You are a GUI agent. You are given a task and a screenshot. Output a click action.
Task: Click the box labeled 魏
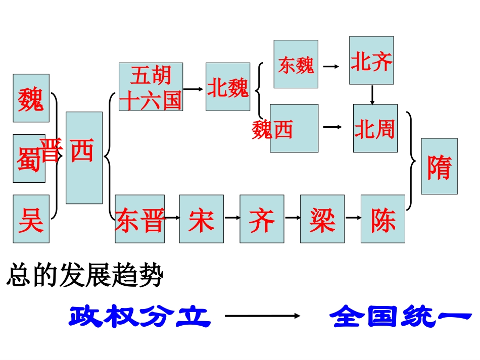pyautogui.click(x=31, y=98)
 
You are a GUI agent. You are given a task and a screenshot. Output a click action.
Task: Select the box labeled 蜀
pyautogui.click(x=29, y=158)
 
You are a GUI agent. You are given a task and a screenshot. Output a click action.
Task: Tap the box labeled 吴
pyautogui.click(x=31, y=219)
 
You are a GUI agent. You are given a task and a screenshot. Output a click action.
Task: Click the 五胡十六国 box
pyautogui.click(x=151, y=87)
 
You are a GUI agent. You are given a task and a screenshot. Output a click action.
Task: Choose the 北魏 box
pyautogui.click(x=227, y=87)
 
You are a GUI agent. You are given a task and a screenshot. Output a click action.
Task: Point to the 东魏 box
pyautogui.click(x=296, y=64)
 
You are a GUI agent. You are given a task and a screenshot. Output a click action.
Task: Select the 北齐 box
pyautogui.click(x=371, y=60)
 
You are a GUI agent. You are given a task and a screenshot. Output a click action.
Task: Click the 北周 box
pyautogui.click(x=375, y=128)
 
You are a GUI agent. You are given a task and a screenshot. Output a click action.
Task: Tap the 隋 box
pyautogui.click(x=439, y=166)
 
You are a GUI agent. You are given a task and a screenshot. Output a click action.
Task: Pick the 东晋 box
pyautogui.click(x=139, y=219)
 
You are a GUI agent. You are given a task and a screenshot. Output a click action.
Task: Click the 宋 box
pyautogui.click(x=201, y=219)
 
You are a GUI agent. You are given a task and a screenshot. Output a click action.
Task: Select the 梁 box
pyautogui.click(x=322, y=219)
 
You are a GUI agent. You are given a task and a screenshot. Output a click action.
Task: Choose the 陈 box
pyautogui.click(x=382, y=219)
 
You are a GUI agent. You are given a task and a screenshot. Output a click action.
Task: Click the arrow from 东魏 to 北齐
pyautogui.click(x=331, y=66)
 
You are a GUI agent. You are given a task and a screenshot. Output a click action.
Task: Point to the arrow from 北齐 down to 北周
pyautogui.click(x=372, y=95)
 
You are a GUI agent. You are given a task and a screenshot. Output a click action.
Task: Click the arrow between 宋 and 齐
pyautogui.click(x=231, y=218)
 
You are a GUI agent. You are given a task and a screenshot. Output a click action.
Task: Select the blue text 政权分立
pyautogui.click(x=139, y=317)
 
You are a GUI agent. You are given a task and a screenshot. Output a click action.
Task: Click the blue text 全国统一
pyautogui.click(x=400, y=317)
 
